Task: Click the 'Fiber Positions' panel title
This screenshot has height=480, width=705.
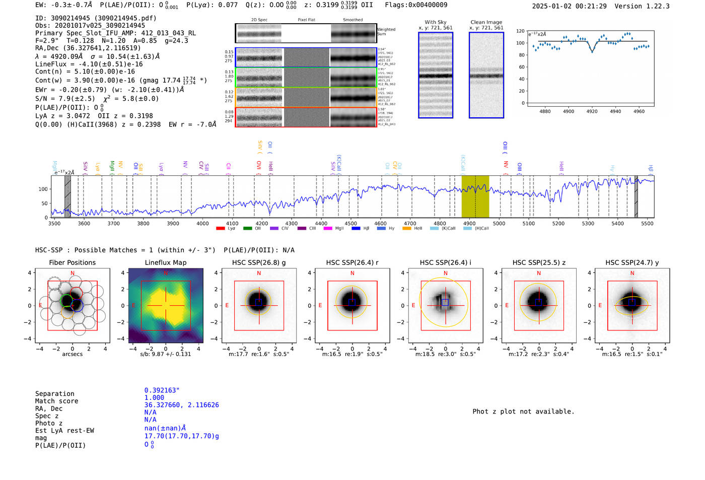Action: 72,262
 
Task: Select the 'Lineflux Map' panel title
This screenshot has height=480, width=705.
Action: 165,262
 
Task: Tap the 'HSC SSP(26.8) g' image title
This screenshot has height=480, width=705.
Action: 259,262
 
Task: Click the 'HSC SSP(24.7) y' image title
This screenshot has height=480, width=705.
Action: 632,262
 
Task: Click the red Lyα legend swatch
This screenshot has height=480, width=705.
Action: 220,229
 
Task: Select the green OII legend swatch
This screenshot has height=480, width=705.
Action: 247,229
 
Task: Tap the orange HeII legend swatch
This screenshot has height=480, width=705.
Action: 407,229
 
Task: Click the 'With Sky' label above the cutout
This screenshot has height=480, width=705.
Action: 436,22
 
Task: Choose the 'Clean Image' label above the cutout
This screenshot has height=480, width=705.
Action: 486,22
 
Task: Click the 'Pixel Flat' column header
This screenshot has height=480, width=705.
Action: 306,20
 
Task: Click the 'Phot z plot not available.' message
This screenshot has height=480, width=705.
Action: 523,412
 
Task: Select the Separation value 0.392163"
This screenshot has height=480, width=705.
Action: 162,390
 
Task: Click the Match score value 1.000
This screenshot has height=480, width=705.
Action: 154,397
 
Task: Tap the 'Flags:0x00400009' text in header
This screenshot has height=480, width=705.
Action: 416,5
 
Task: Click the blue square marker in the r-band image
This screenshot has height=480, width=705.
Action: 352,302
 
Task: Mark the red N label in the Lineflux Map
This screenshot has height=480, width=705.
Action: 166,273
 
